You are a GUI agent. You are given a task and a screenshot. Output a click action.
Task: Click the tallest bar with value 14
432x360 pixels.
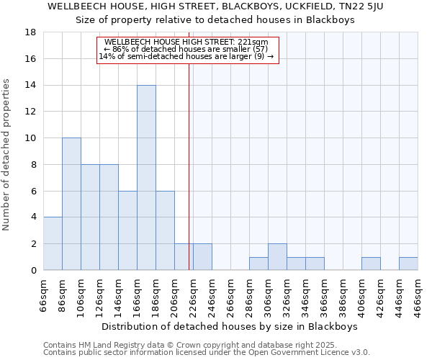coord(146,178)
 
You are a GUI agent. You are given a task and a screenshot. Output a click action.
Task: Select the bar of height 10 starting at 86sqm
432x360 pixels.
coord(71,204)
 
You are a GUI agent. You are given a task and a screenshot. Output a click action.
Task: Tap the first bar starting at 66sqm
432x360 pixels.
coord(53,243)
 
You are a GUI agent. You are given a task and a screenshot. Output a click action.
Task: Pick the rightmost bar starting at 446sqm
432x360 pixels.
coord(408,264)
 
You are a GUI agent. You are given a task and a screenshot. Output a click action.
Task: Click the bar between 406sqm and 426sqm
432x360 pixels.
coord(371,264)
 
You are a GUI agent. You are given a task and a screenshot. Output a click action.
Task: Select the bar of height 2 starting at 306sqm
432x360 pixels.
coord(277,257)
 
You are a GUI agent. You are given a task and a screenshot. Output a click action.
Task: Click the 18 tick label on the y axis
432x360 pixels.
coord(30,32)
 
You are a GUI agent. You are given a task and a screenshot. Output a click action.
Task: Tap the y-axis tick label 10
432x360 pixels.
coord(30,138)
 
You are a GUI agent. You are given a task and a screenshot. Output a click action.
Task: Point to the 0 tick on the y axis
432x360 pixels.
coord(33,270)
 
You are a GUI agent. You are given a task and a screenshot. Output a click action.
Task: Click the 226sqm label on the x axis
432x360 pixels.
coord(194,294)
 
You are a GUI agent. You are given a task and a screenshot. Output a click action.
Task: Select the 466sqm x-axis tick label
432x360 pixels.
coord(418,294)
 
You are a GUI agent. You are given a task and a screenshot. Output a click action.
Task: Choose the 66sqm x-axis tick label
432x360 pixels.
coord(44,294)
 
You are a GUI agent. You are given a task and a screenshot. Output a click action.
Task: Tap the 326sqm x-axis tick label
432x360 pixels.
coord(287,294)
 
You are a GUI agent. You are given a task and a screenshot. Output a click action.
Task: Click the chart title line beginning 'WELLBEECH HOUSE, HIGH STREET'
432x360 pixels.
coord(215,7)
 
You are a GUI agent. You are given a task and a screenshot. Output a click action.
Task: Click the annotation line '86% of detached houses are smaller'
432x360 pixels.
coord(187,49)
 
